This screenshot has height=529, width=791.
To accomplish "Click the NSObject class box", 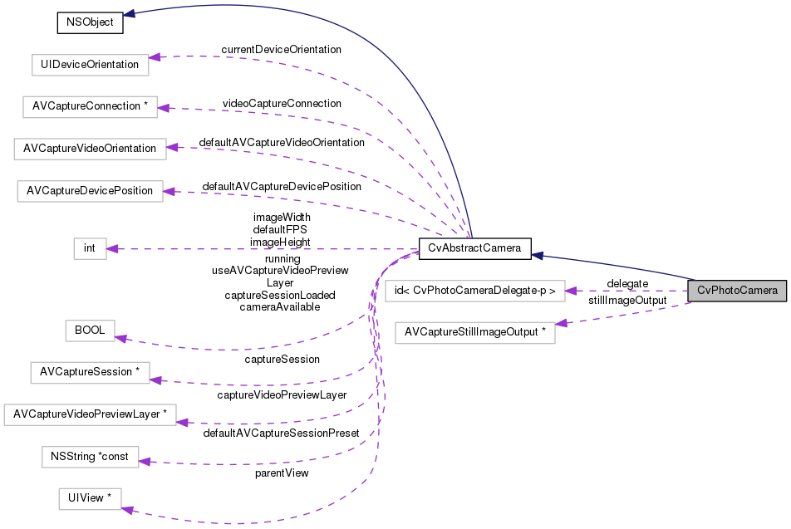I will [x=90, y=22].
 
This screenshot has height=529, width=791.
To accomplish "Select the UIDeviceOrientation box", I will [x=89, y=64].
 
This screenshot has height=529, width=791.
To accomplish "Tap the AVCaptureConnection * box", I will [x=89, y=106].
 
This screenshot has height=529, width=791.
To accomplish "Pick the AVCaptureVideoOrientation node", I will [x=90, y=149].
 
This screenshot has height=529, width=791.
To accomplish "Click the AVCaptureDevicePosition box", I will [x=90, y=191].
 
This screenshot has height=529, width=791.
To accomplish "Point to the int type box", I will [x=90, y=248].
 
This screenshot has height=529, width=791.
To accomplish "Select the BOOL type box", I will [x=90, y=330].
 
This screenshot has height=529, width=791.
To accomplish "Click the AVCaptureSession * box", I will [x=89, y=371].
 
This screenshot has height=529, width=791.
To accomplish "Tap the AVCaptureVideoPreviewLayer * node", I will [x=90, y=414].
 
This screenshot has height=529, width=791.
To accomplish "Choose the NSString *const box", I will [x=89, y=456].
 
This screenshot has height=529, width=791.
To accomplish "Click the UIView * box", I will [x=90, y=499].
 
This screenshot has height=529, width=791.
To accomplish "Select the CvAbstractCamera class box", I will [x=474, y=248].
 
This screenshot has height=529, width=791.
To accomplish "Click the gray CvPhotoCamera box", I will [x=737, y=291].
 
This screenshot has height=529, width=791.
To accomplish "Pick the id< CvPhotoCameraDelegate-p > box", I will [x=474, y=291].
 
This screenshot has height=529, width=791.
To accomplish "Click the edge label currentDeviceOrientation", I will [x=281, y=50].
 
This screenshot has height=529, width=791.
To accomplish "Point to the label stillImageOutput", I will [x=627, y=300].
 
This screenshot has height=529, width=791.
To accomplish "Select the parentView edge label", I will [x=282, y=473].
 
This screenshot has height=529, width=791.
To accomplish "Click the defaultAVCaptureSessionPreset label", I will [x=281, y=433].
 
